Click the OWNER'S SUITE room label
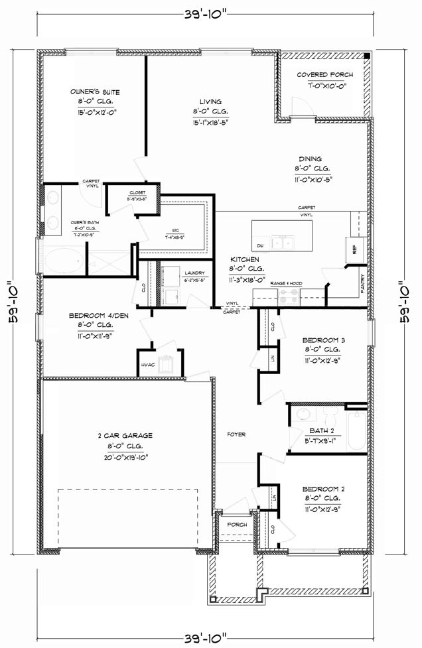point(95,92)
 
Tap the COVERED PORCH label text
point(324,75)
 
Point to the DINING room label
point(309,159)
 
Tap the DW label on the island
point(260,245)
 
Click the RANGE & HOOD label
point(286,283)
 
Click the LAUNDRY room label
point(176,273)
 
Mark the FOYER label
point(236,435)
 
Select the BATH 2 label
point(315,430)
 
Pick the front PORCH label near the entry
point(236,525)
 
